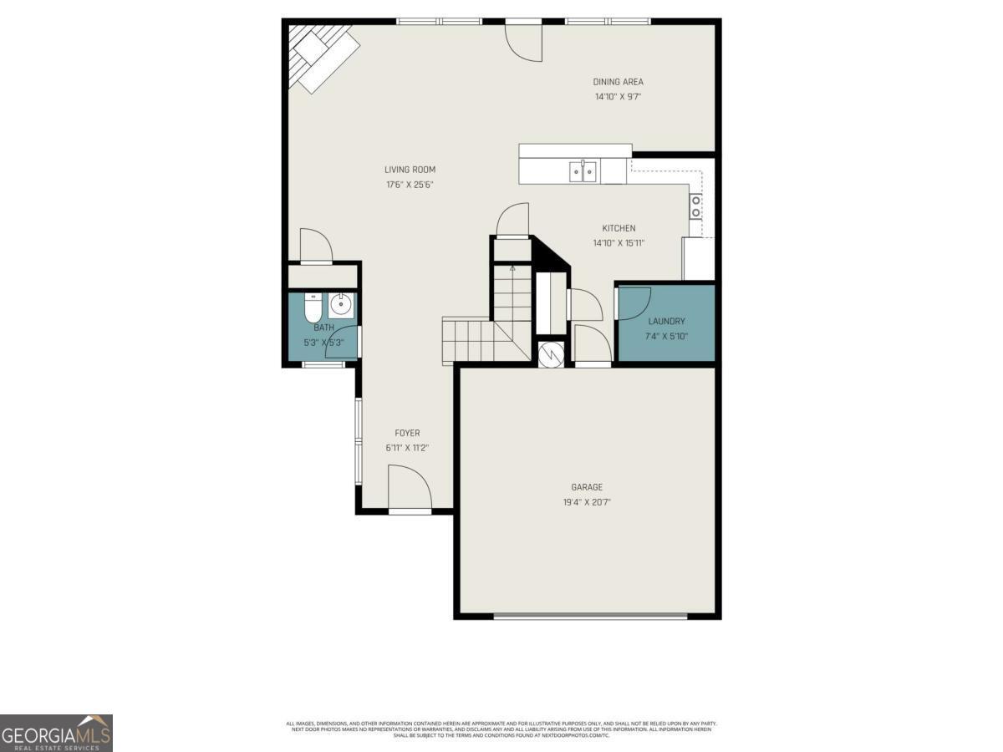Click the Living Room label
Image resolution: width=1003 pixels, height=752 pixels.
point(410,170)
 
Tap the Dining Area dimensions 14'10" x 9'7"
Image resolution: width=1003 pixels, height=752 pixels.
point(618,97)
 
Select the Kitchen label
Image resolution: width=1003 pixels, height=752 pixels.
point(619,228)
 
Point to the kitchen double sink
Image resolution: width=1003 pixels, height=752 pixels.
point(583,172)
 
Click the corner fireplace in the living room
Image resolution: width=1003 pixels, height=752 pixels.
point(322,56)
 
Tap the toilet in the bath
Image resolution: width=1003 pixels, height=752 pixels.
point(313,309)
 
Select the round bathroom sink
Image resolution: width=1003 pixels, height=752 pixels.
point(342,304)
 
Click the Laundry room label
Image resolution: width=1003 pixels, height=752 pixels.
point(666,321)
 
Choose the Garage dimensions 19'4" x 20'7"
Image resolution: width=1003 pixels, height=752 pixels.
point(586,503)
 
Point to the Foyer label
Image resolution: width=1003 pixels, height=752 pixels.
point(407,433)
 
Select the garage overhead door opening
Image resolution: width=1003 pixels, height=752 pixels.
point(590,617)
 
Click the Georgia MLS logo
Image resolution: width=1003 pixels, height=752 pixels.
point(56,733)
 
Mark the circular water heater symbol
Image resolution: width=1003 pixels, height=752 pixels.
point(552,353)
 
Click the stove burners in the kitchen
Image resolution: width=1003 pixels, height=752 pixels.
point(695,206)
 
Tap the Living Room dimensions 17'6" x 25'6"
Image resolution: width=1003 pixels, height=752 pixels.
point(410,185)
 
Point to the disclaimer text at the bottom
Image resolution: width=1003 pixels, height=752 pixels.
point(501,729)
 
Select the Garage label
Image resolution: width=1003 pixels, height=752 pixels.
point(586,487)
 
